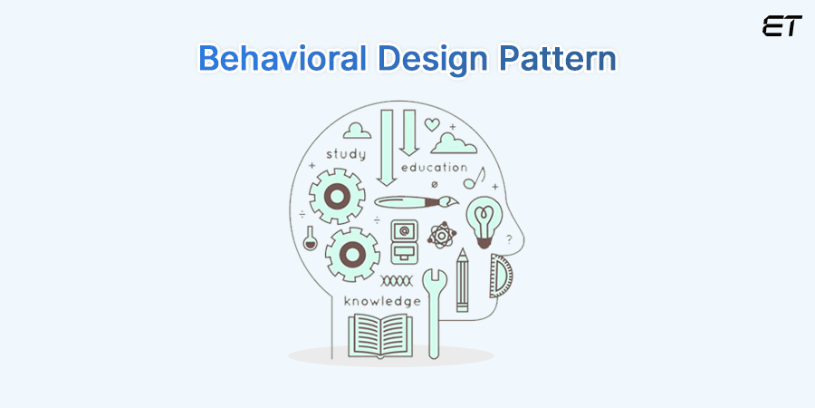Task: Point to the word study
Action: click(346, 154)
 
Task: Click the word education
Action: click(434, 168)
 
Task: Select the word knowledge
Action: click(381, 300)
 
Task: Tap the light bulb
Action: click(484, 220)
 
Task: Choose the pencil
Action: click(462, 280)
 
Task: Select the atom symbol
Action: click(442, 238)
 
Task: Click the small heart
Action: click(433, 124)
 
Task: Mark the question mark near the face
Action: click(509, 239)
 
